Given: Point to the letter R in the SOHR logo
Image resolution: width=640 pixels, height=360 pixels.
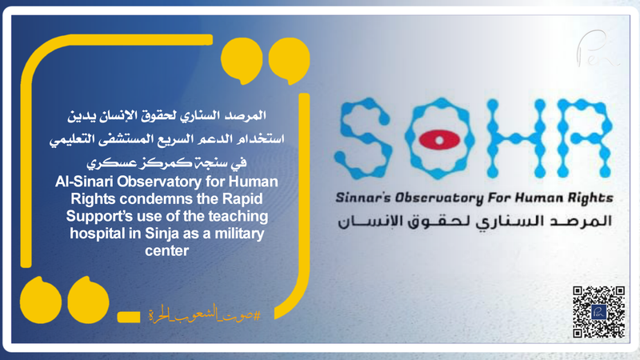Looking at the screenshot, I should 581,138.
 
